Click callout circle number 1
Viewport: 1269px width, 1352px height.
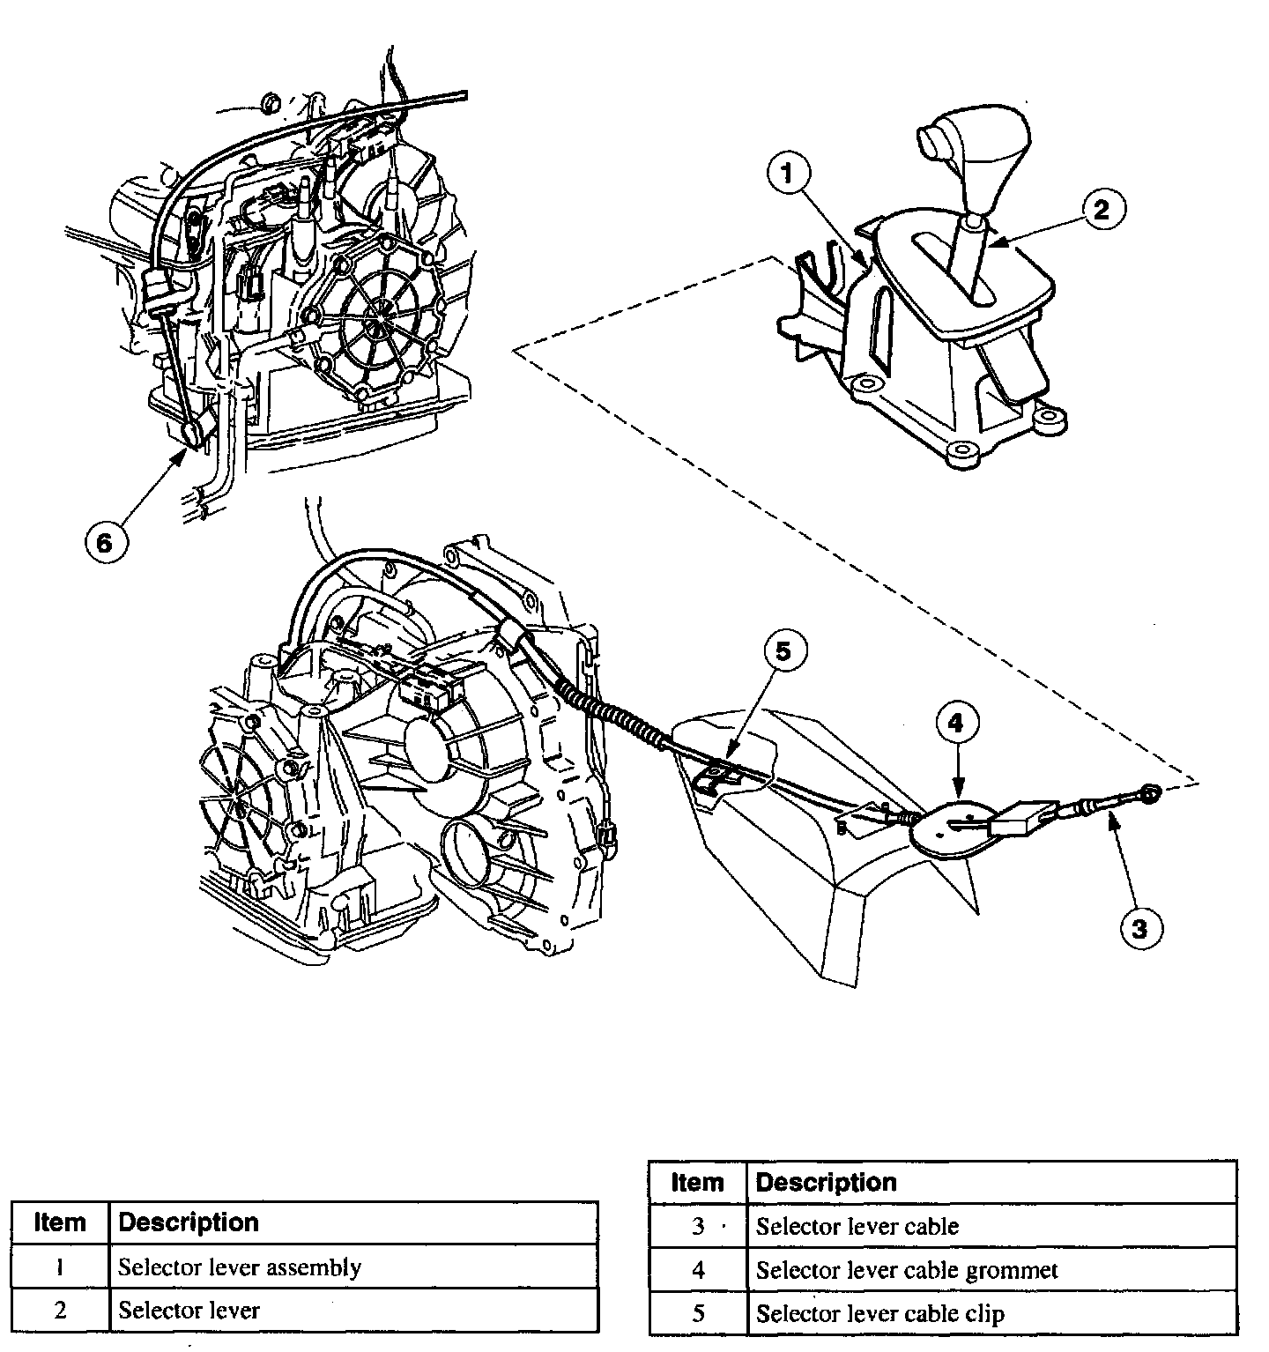click(x=788, y=175)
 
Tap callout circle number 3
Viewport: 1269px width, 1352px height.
click(x=1139, y=927)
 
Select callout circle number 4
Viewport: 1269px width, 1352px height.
click(x=956, y=724)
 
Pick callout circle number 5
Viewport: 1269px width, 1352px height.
click(x=783, y=652)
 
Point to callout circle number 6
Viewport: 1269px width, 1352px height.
click(x=105, y=542)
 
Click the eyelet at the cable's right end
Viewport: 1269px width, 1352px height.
click(x=1151, y=792)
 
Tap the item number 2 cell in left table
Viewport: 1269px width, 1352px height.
click(x=60, y=1310)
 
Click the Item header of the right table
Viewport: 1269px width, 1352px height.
click(x=697, y=1182)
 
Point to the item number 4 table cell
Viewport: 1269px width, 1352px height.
click(x=697, y=1270)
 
